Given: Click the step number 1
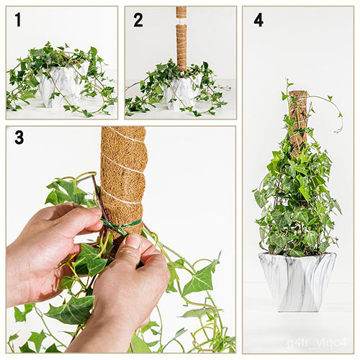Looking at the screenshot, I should point(18,20).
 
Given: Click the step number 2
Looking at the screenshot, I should point(138,20).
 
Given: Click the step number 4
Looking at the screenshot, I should point(258,20).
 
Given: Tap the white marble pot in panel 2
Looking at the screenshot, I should point(180,93).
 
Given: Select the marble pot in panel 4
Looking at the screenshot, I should point(297,281).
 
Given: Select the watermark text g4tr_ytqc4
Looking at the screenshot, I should point(317,342).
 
